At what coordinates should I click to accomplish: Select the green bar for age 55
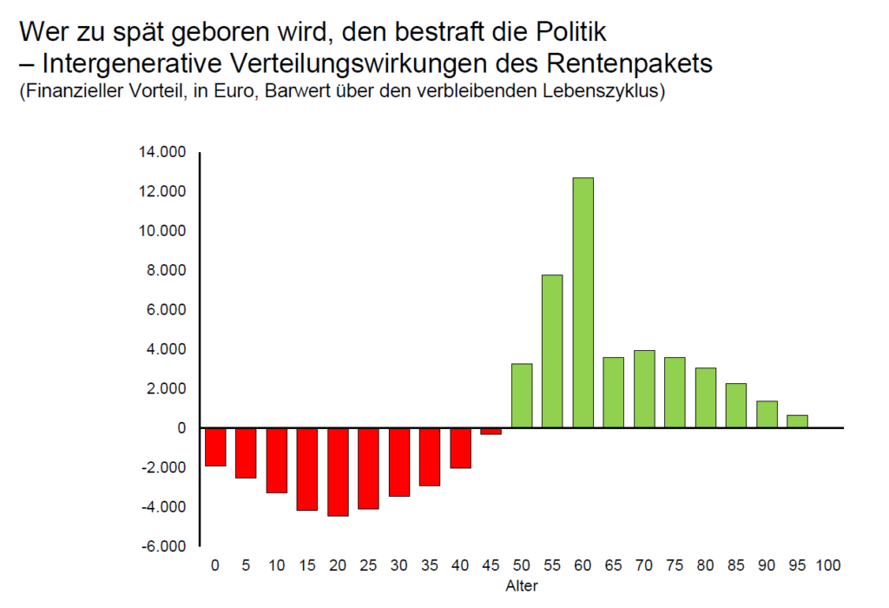click(552, 351)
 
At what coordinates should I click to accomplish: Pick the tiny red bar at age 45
click(491, 431)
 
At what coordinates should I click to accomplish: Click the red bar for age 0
click(215, 446)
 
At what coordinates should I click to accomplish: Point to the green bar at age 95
click(797, 421)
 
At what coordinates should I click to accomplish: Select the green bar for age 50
click(522, 395)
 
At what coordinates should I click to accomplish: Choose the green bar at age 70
click(644, 388)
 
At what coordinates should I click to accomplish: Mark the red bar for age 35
click(430, 456)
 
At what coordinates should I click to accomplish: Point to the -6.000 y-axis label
click(164, 546)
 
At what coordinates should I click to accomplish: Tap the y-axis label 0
click(181, 428)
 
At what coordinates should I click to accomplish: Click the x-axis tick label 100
click(828, 565)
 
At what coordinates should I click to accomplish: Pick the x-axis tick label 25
click(368, 565)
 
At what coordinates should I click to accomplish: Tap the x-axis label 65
click(614, 565)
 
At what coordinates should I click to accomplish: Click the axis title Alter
click(522, 585)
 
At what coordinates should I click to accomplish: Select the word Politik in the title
click(564, 33)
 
